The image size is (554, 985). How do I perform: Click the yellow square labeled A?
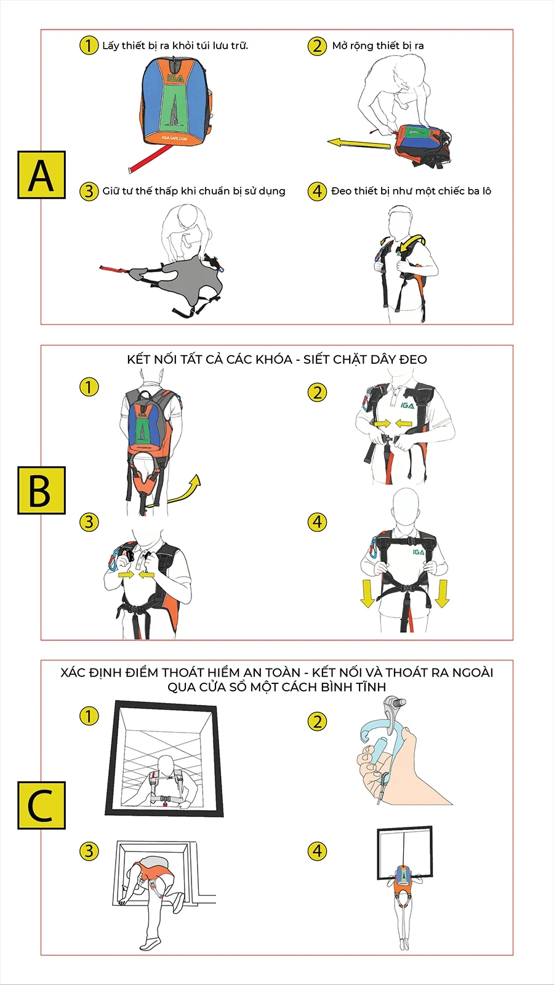pos(41,175)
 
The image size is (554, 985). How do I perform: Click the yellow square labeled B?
pos(41,490)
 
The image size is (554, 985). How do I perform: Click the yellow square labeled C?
pos(41,806)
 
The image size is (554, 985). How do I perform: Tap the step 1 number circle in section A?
pos(89,46)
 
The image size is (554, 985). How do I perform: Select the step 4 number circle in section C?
pos(317,851)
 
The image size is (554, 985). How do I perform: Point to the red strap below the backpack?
pos(150,158)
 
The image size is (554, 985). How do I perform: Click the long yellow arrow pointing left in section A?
pos(359,143)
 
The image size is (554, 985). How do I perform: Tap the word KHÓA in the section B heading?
pos(275,360)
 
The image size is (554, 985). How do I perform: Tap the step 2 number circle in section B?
pos(317,393)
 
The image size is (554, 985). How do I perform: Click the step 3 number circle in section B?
pos(89,522)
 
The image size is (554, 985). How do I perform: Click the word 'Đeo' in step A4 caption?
pos(342,191)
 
